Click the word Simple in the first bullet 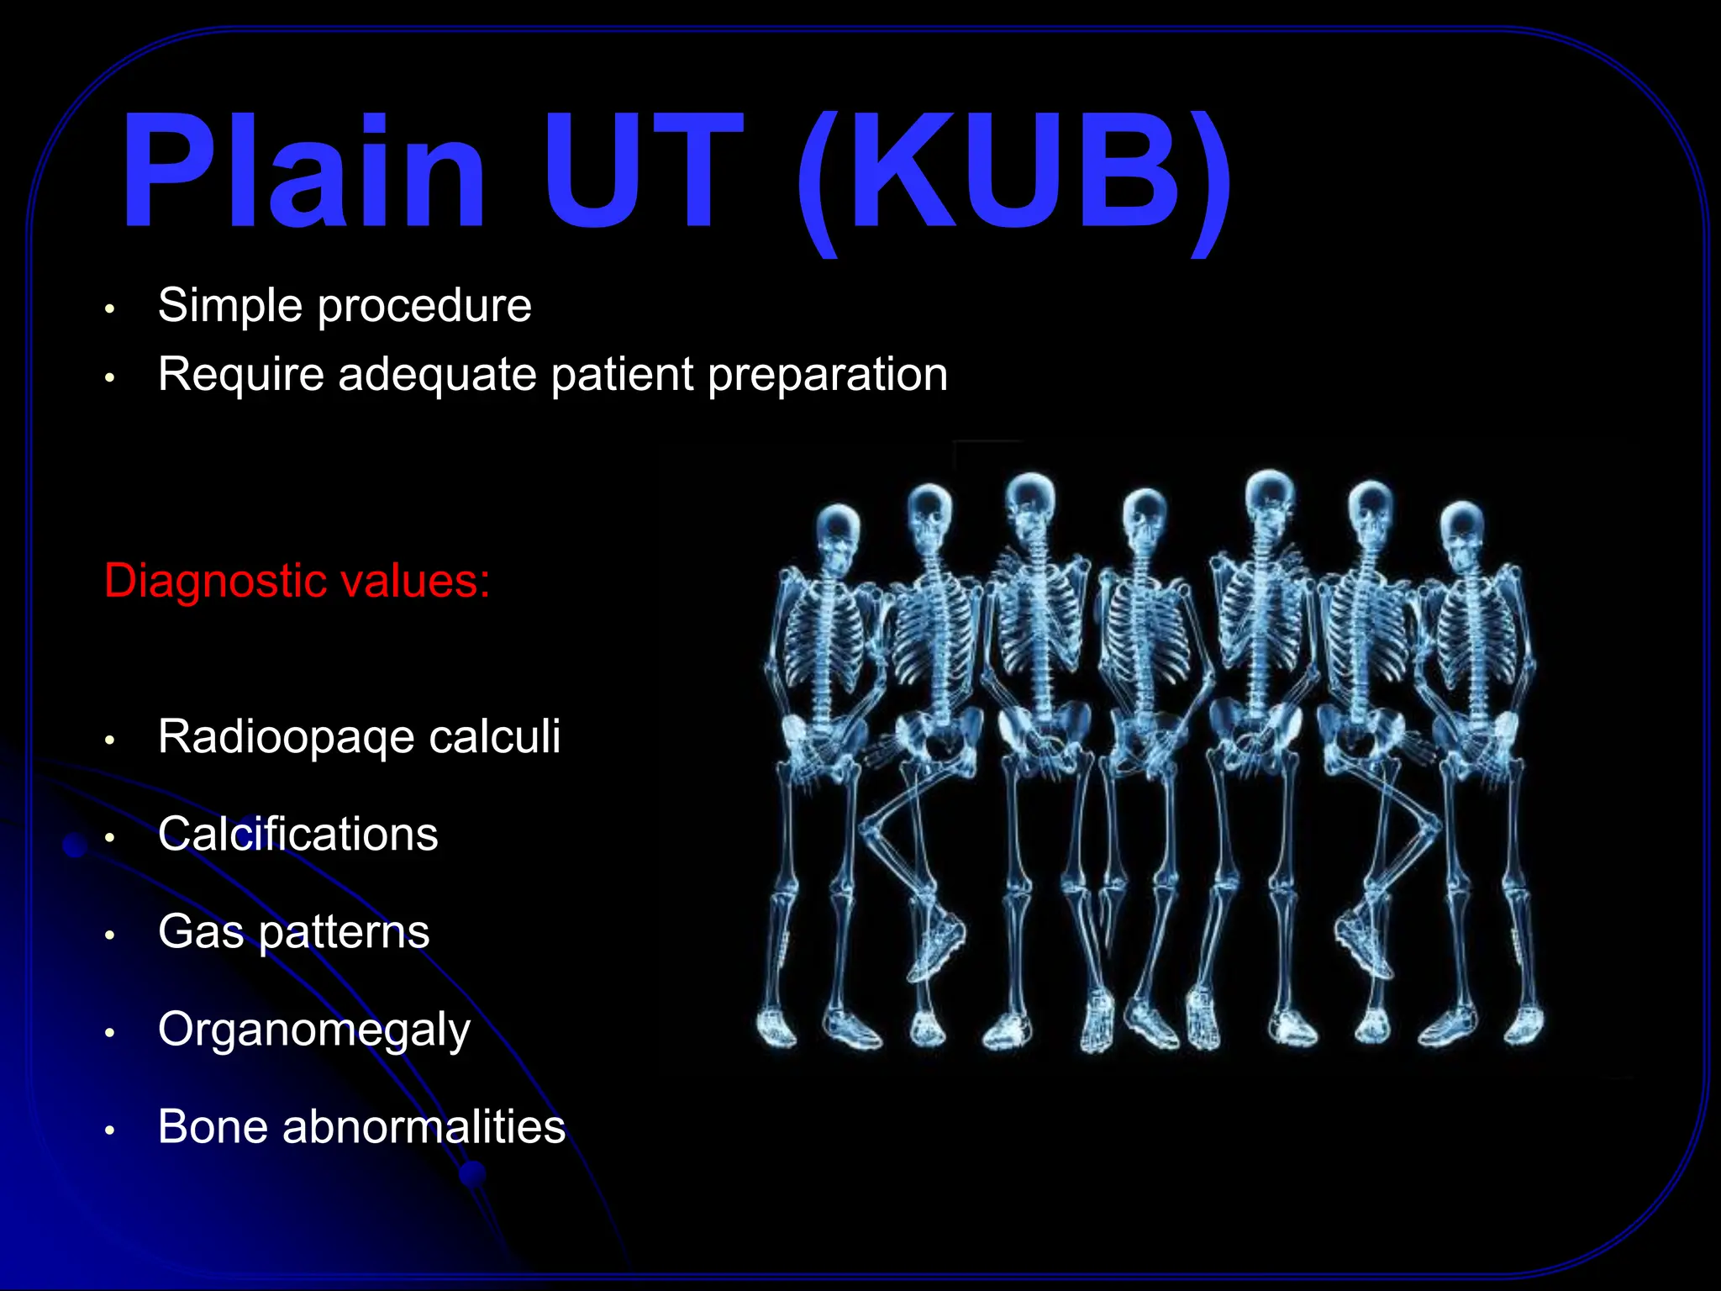[x=229, y=305]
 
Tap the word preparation [x=828, y=375]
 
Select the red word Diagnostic [x=222, y=581]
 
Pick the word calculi [x=494, y=736]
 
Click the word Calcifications [x=298, y=834]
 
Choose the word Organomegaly [x=314, y=1030]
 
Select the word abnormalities [x=424, y=1126]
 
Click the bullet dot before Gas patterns [x=109, y=935]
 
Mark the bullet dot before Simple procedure [x=109, y=308]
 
